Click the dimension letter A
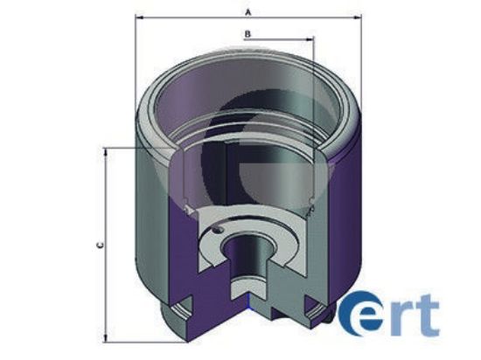pyautogui.click(x=248, y=11)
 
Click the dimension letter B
pyautogui.click(x=248, y=33)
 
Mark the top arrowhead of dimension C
pyautogui.click(x=108, y=151)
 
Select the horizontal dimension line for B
pyautogui.click(x=262, y=40)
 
